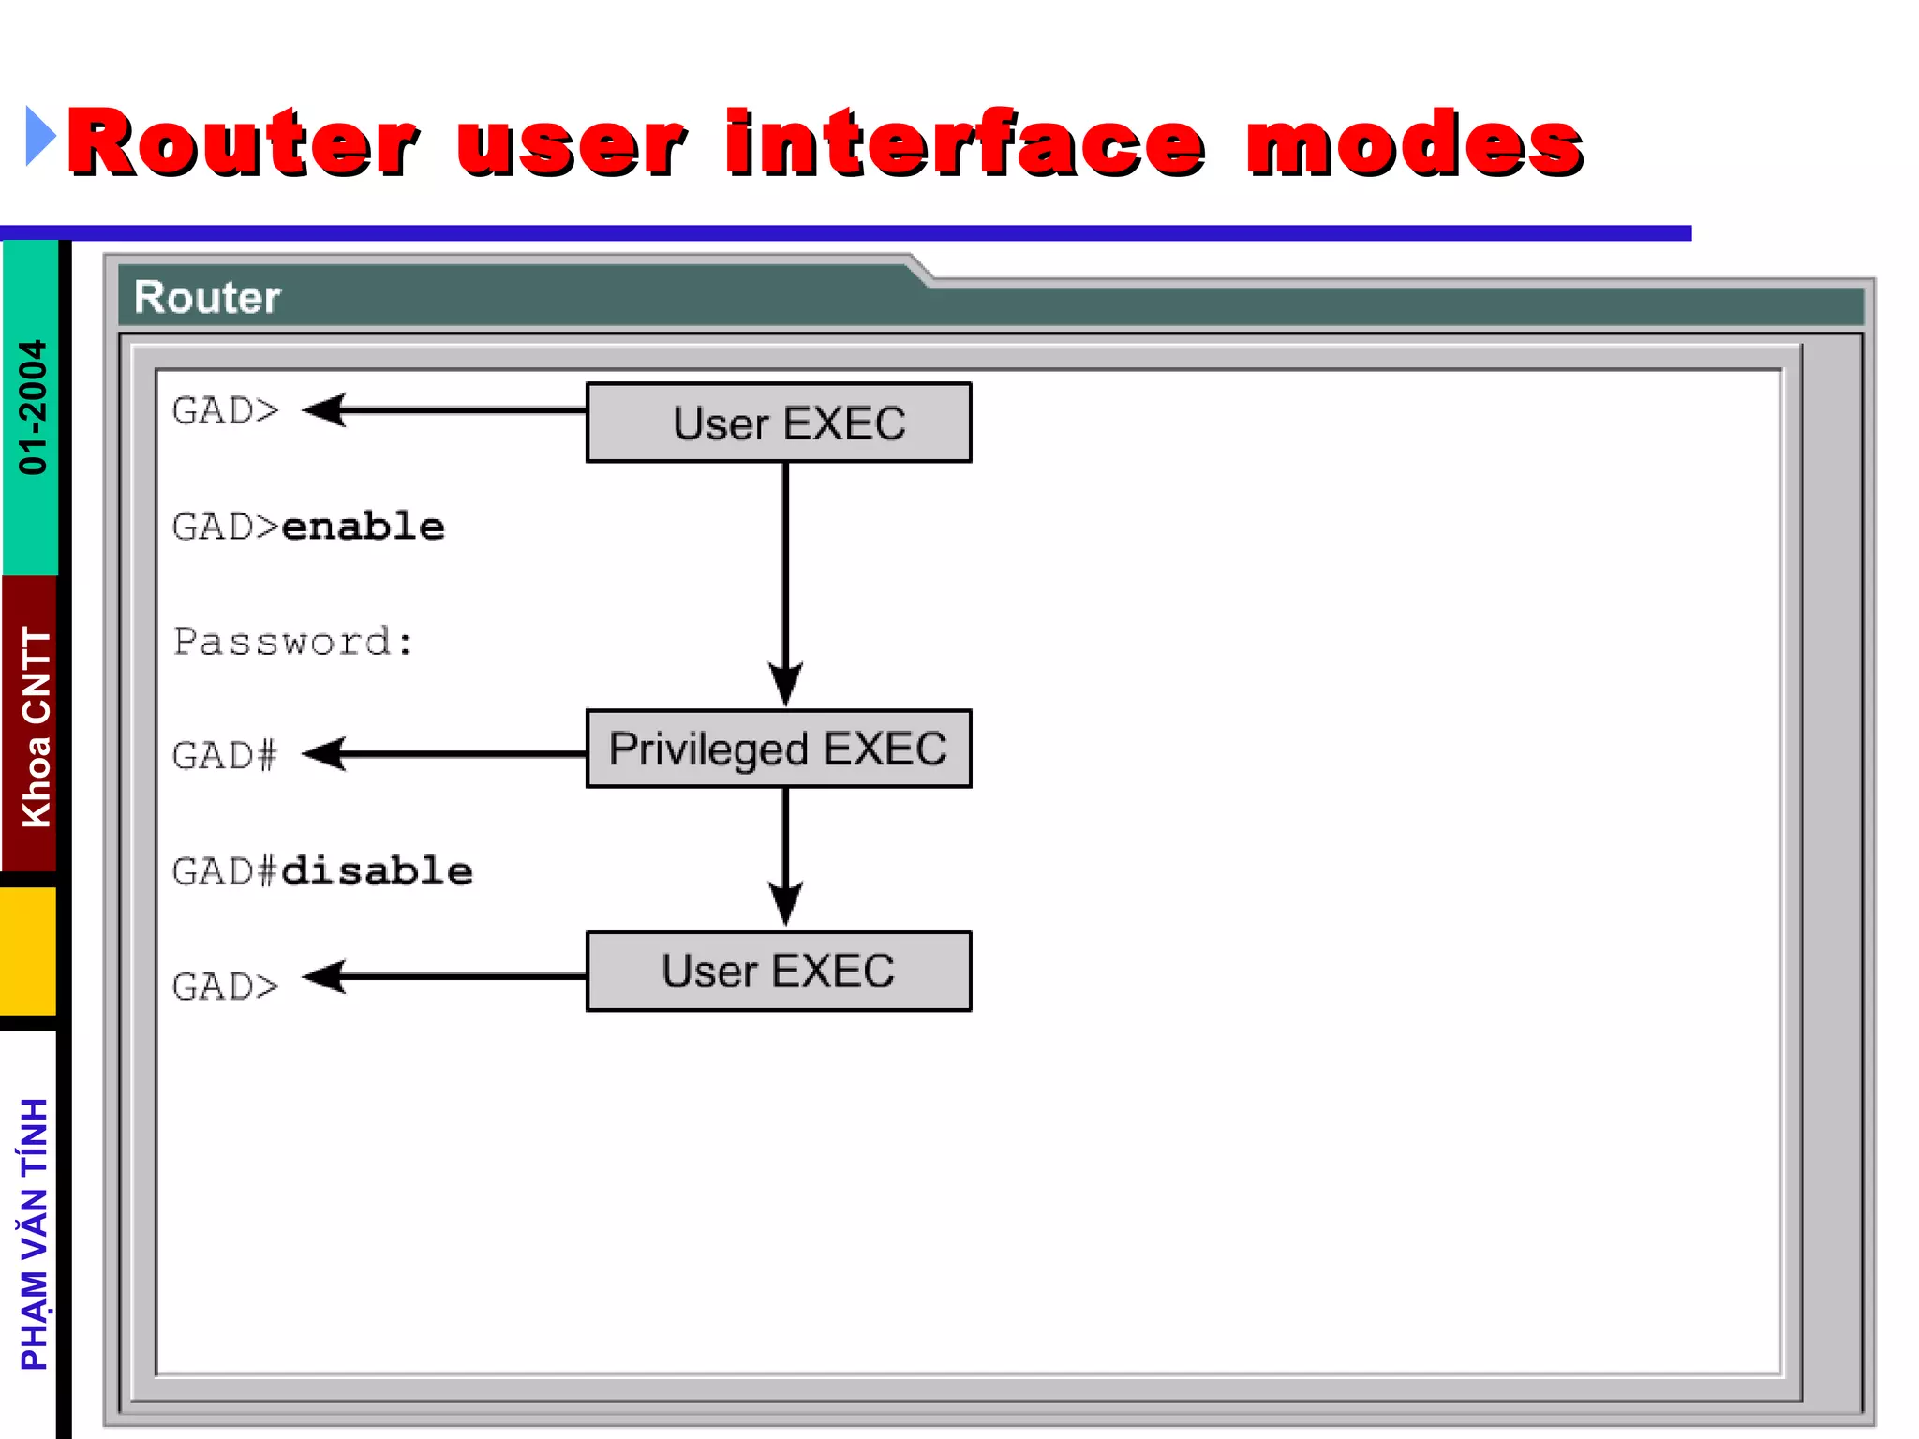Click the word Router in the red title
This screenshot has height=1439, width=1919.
[x=242, y=142]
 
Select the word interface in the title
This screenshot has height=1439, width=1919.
[x=965, y=142]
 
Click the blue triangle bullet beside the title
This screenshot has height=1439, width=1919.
[x=39, y=137]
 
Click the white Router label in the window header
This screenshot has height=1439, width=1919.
[x=207, y=297]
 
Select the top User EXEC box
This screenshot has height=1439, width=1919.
[x=779, y=423]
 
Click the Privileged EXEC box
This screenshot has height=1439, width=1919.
[x=779, y=749]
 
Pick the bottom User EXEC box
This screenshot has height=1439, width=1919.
[x=779, y=971]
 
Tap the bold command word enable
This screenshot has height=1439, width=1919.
[x=364, y=527]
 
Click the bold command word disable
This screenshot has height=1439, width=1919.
[x=377, y=871]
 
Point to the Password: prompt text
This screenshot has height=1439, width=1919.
[x=293, y=643]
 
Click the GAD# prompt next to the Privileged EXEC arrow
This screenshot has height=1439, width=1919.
[x=225, y=755]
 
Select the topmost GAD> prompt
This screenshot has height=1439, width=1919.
[x=225, y=411]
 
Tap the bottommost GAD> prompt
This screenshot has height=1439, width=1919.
[x=225, y=987]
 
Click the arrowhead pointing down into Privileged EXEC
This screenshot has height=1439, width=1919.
[x=785, y=682]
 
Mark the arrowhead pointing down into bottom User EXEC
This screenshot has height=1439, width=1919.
[x=785, y=902]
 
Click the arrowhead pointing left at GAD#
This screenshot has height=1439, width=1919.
[x=326, y=753]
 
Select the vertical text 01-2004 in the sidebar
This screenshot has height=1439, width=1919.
[x=32, y=407]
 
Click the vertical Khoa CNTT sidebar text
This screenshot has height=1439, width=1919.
[x=36, y=727]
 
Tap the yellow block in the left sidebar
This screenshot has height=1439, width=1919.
[x=28, y=950]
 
